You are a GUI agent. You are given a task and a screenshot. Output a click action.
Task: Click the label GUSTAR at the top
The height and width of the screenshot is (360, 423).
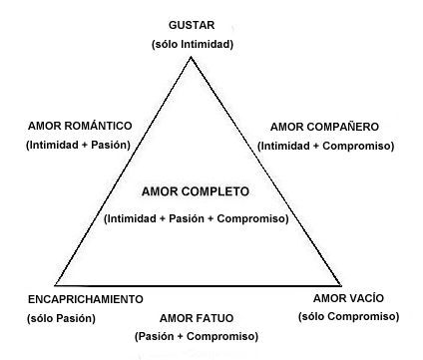(193, 24)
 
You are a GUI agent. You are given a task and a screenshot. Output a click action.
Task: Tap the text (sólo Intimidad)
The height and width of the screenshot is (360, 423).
(193, 44)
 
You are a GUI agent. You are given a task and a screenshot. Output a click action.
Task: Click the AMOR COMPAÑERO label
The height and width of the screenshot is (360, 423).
(325, 127)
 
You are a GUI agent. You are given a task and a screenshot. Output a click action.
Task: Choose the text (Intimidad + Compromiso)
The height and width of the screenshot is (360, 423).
(326, 146)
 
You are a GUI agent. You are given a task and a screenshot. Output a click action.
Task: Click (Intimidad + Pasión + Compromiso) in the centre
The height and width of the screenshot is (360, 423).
(196, 217)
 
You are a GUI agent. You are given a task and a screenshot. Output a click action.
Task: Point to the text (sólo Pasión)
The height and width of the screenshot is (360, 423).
(62, 318)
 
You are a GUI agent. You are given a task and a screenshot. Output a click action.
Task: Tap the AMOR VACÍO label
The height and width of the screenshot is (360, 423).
(348, 298)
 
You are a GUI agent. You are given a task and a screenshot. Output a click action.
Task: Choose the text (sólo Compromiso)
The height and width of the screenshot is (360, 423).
(348, 316)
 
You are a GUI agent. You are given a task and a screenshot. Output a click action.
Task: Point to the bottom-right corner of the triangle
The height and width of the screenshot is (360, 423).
(340, 287)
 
